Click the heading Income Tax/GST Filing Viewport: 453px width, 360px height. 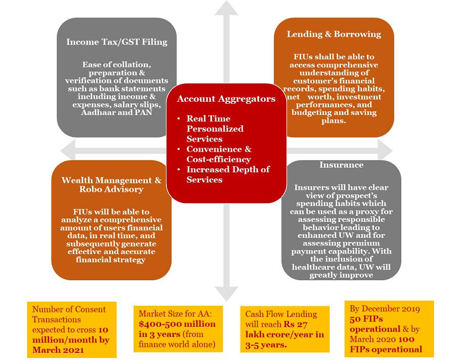tap(116, 42)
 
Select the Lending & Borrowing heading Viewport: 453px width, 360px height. tap(334, 34)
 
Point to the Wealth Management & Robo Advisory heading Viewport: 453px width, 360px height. tap(111, 185)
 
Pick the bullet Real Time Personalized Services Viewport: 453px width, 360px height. tap(215, 128)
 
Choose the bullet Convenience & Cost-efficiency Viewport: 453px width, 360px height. tap(219, 154)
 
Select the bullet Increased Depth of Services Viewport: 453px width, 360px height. tap(228, 174)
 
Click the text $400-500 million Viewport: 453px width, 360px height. tap(175, 324)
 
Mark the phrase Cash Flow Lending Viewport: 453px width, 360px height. tap(281, 314)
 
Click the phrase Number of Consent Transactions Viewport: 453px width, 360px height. tap(69, 314)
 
